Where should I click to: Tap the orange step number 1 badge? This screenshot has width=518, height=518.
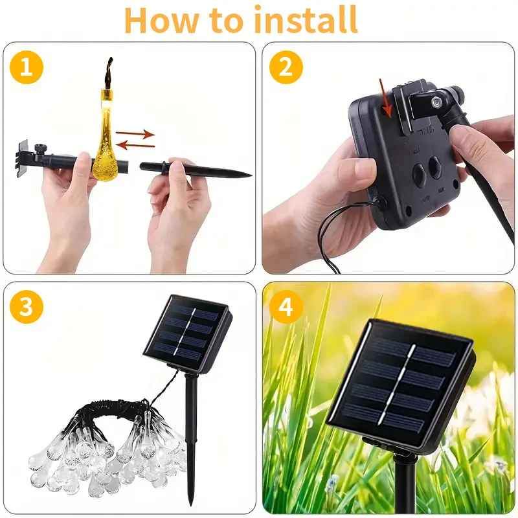click(27, 67)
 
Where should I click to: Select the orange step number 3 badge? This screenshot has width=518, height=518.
click(27, 307)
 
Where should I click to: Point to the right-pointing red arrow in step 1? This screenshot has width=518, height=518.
click(136, 134)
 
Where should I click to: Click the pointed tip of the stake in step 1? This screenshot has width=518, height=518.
click(247, 174)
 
